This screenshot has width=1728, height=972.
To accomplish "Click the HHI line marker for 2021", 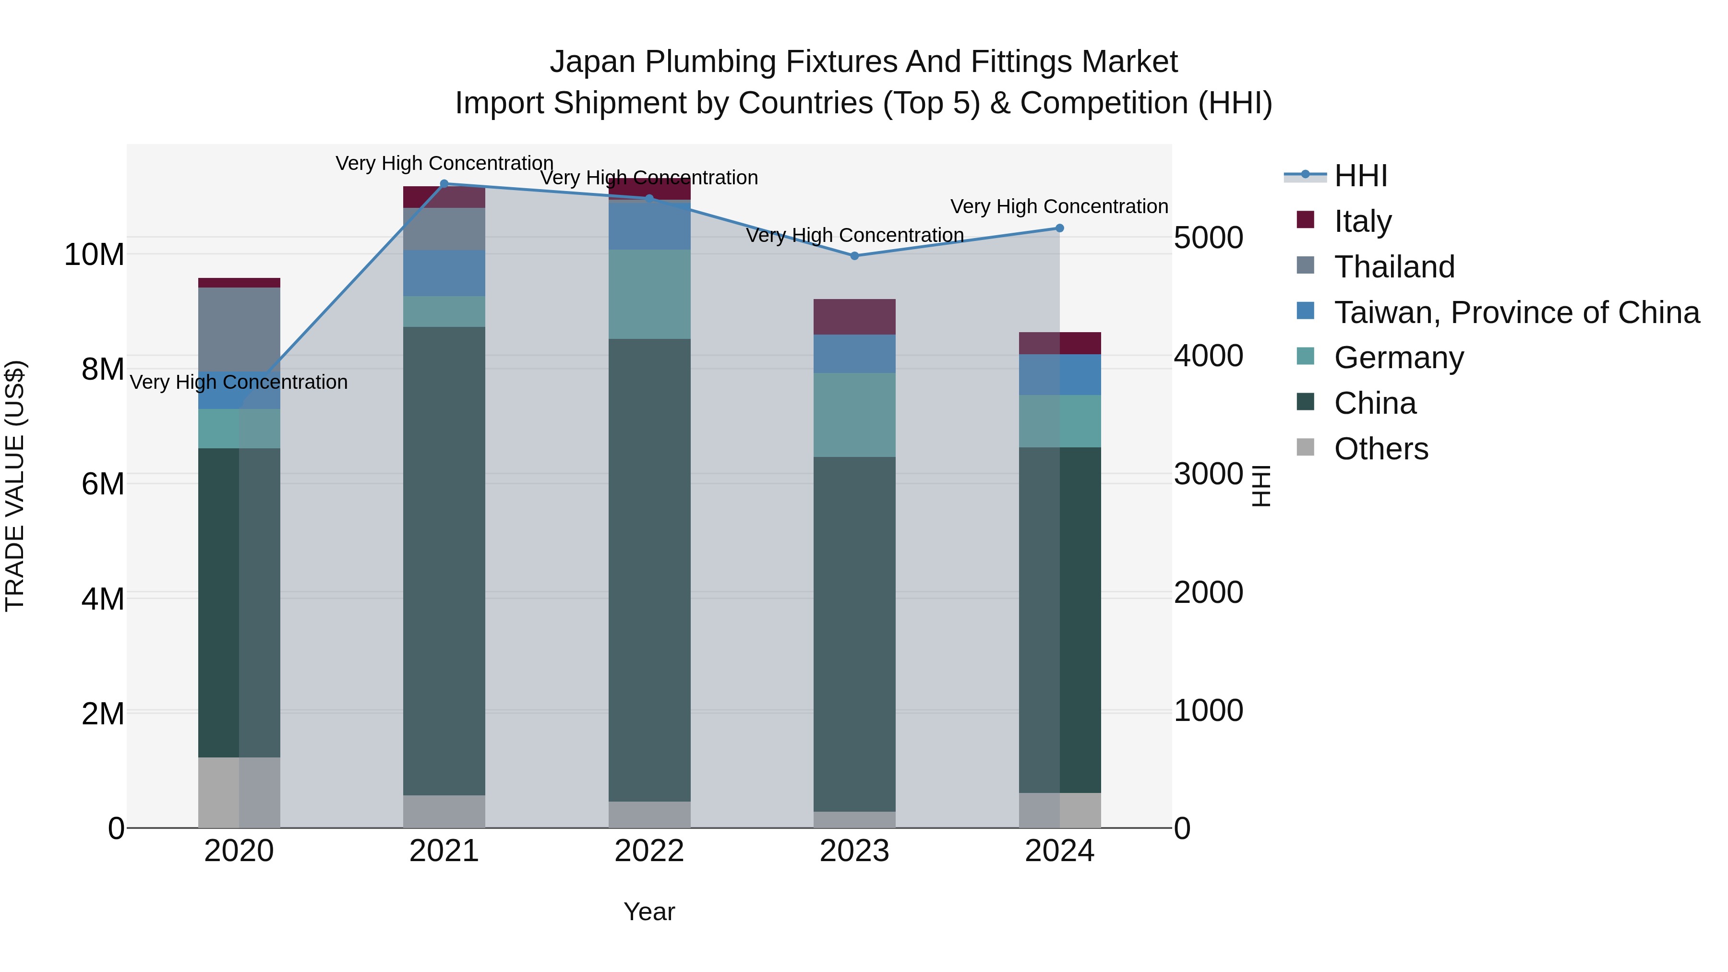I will click(444, 184).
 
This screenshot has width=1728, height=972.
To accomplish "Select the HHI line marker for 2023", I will click(854, 255).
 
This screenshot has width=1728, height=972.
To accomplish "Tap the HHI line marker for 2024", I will click(1060, 228).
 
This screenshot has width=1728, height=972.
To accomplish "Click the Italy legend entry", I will click(1362, 221).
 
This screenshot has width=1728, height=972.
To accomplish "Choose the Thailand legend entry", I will click(1394, 266).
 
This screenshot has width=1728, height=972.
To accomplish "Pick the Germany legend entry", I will click(1399, 358).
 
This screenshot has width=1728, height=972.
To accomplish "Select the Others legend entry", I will click(1380, 449).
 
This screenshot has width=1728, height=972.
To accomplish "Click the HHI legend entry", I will click(1360, 176).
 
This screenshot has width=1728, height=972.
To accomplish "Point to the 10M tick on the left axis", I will click(94, 255).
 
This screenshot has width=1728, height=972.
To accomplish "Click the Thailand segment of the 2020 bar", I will click(240, 329).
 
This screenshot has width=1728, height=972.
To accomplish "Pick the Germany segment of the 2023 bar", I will click(854, 415).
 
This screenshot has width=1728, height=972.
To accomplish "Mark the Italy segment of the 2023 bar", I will click(854, 317).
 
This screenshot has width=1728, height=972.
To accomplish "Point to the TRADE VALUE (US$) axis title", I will click(15, 486).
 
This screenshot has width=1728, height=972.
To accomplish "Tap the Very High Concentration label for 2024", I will click(1059, 206).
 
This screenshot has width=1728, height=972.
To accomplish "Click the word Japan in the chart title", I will click(592, 62).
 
